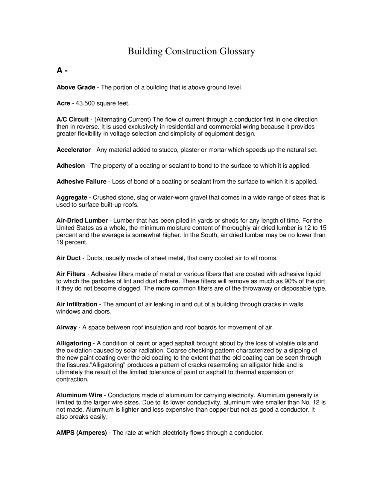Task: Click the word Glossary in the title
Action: click(x=237, y=51)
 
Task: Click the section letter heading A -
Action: click(x=62, y=71)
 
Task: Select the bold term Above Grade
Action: click(x=76, y=88)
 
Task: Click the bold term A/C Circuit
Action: click(x=72, y=120)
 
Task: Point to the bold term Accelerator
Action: click(x=74, y=150)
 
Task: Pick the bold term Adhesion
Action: click(x=71, y=166)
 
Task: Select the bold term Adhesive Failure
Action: click(x=81, y=181)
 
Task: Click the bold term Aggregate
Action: click(x=72, y=198)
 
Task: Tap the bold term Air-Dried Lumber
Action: click(x=82, y=221)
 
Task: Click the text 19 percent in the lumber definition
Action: click(x=72, y=242)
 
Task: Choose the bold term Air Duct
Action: click(x=69, y=258)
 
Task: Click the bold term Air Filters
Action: click(x=71, y=274)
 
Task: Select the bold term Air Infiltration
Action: click(x=77, y=304)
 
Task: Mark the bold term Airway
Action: click(x=66, y=327)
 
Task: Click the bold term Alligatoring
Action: click(x=74, y=343)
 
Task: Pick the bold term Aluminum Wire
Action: click(x=79, y=395)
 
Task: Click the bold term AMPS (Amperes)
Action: click(x=81, y=433)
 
